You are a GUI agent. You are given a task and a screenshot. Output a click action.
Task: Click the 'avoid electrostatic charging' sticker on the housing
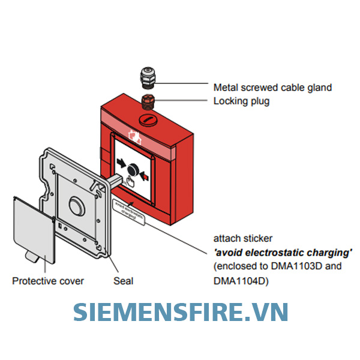128,211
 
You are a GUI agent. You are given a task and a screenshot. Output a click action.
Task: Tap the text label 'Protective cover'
48,281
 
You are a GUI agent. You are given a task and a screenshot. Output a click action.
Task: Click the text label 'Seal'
123,281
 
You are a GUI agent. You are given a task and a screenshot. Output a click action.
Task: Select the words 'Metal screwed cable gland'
272,88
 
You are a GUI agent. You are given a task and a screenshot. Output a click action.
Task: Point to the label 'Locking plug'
241,101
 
